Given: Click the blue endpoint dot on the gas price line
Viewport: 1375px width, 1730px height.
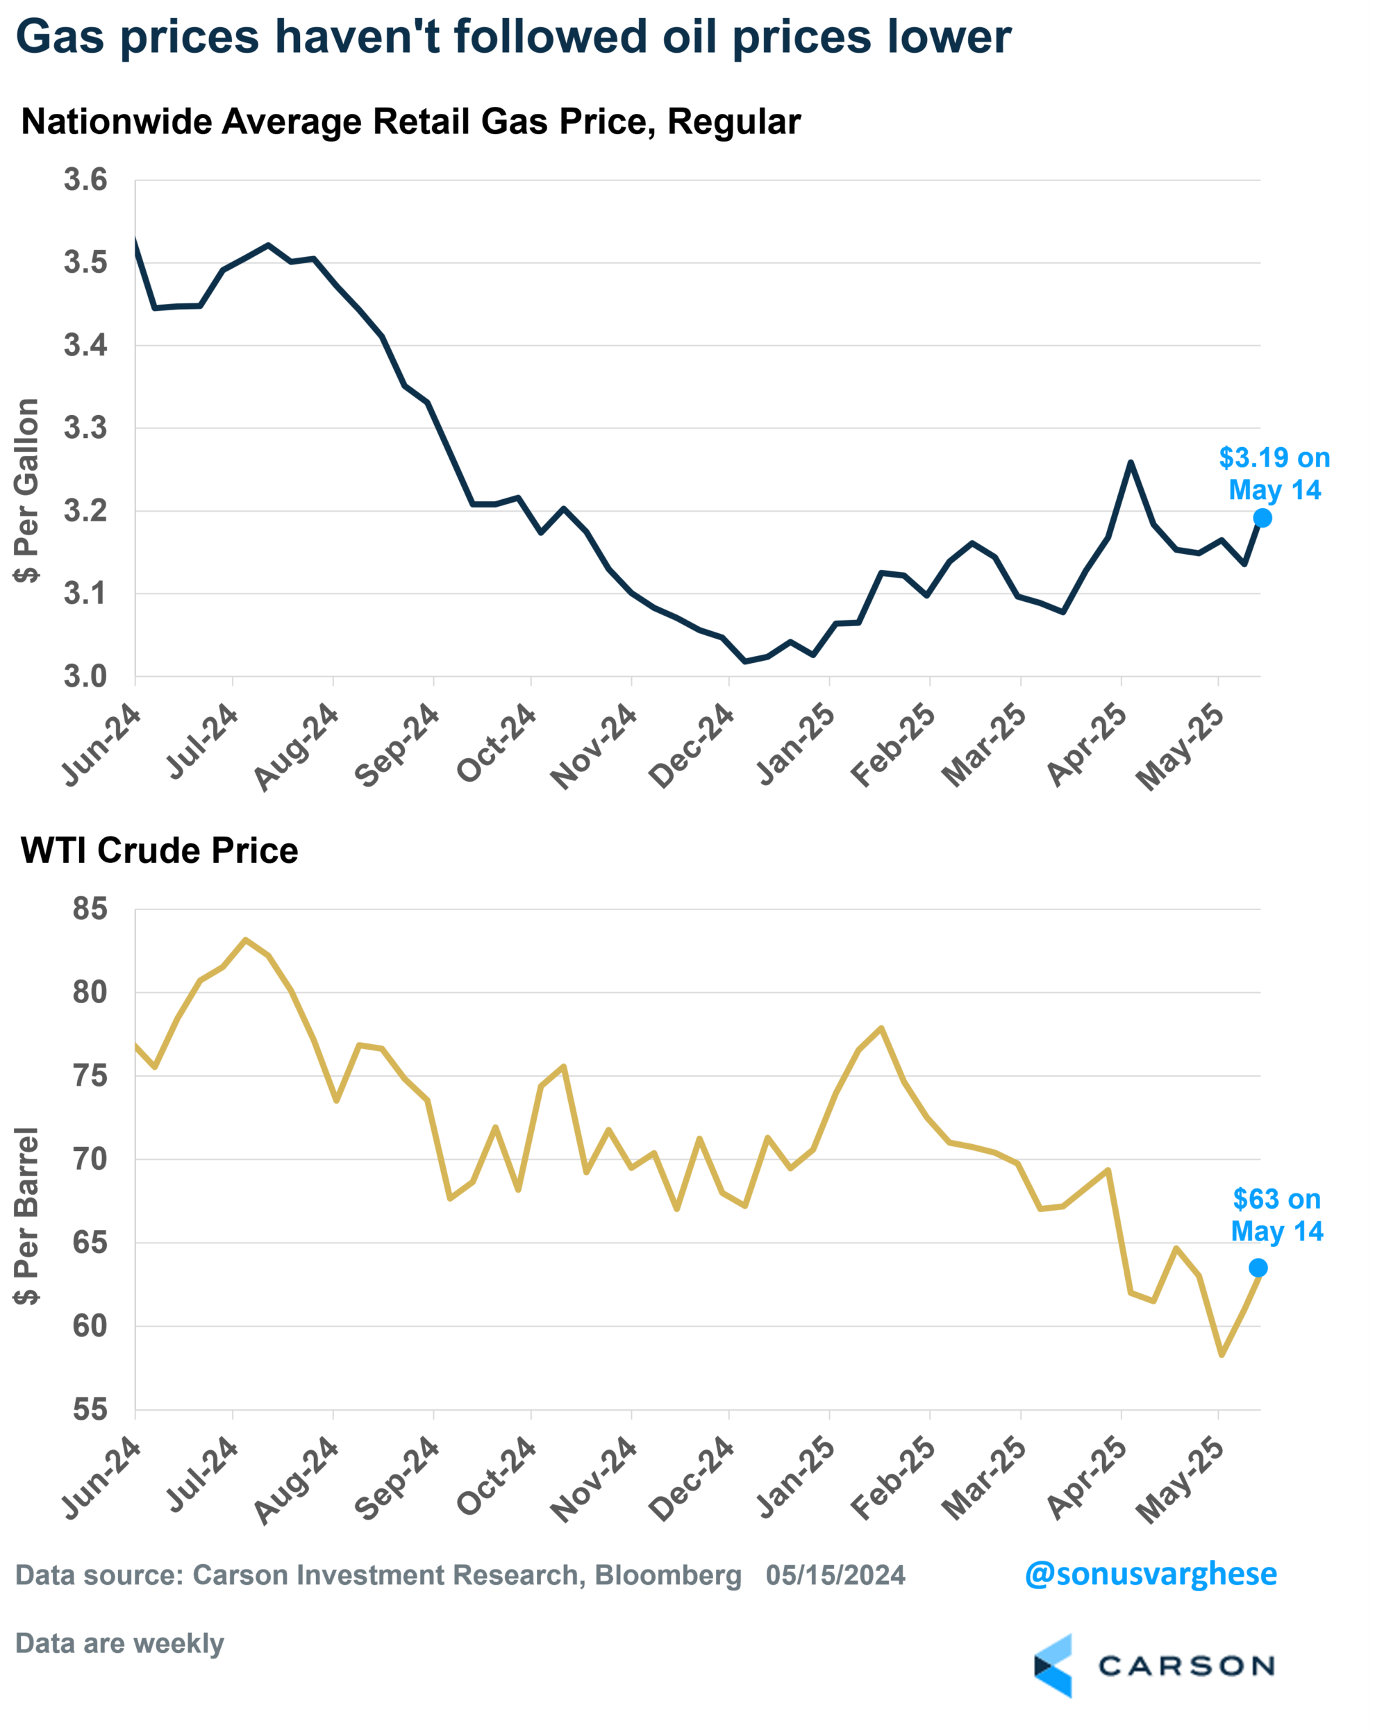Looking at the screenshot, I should [x=1262, y=519].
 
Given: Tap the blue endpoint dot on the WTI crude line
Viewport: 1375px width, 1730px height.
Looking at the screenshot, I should [x=1258, y=1268].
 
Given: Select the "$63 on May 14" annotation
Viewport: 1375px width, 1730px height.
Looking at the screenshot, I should [x=1276, y=1215].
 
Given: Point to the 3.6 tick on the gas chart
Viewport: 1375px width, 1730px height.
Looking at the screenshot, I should [x=86, y=180].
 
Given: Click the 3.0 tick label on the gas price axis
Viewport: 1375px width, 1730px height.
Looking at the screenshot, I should [x=86, y=676].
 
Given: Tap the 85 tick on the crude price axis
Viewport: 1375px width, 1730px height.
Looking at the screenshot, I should [x=89, y=909].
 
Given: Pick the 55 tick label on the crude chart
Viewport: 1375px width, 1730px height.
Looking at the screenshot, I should [x=89, y=1409].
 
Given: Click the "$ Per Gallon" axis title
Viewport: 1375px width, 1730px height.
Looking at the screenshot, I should [x=26, y=490].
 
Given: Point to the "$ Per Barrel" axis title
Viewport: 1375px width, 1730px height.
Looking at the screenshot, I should [x=26, y=1216].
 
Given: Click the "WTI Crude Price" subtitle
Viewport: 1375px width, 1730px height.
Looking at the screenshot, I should [x=159, y=850].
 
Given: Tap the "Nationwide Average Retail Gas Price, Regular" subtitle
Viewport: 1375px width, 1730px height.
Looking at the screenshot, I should [x=410, y=122].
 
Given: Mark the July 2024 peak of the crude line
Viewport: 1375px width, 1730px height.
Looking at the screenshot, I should [x=246, y=939].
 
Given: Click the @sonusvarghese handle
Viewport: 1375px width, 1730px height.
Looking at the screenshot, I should [x=1150, y=1574].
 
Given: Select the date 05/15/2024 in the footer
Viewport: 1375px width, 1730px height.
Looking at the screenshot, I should [x=835, y=1575].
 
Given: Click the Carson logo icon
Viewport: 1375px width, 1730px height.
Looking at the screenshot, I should [x=1053, y=1666].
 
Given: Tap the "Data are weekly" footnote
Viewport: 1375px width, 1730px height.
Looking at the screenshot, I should [x=119, y=1643].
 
